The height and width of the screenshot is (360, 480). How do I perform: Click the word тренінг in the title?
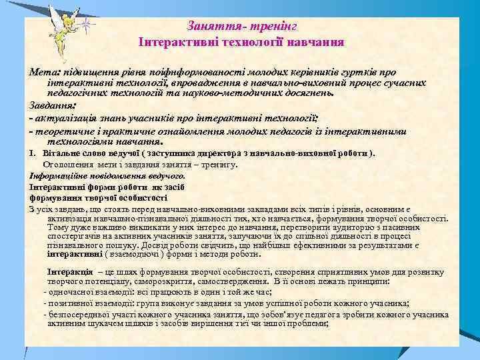[275, 25]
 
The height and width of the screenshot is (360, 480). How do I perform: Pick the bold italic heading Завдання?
[53, 105]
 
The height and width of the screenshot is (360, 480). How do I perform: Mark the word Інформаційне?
[57, 176]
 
